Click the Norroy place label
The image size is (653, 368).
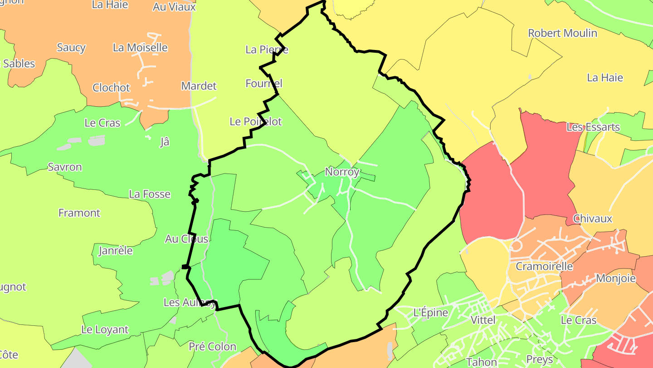(342, 172)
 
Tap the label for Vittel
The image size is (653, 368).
(483, 320)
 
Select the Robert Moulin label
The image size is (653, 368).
(562, 33)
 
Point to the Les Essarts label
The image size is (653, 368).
(593, 127)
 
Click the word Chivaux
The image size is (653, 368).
(593, 219)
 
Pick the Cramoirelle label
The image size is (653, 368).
(544, 266)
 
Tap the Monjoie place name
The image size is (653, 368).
(616, 278)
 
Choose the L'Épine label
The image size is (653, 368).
(431, 313)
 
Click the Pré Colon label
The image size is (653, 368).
(212, 347)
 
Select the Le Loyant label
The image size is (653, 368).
(105, 330)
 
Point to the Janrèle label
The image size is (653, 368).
(116, 250)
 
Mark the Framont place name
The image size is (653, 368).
(79, 213)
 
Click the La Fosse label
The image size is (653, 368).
(150, 194)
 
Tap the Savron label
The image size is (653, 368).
(65, 167)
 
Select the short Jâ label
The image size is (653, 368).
(165, 142)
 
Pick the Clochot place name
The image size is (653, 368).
(111, 88)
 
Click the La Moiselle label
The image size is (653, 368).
(140, 48)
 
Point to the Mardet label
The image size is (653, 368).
(199, 86)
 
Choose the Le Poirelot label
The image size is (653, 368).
(256, 122)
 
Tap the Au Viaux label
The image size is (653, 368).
(174, 7)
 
